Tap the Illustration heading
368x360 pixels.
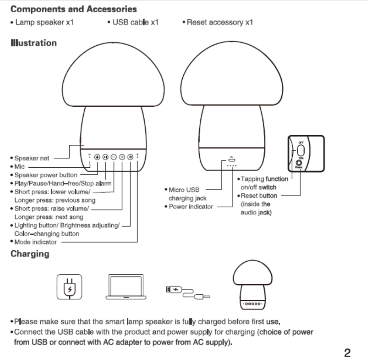point(34,43)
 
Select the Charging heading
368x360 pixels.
point(30,254)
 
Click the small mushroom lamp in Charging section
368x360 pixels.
point(252,285)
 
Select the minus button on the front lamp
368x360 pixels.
point(114,157)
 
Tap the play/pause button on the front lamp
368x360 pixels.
point(105,157)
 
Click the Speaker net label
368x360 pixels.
point(32,158)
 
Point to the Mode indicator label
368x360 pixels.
point(35,241)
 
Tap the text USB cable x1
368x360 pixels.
point(135,23)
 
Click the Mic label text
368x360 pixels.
point(19,167)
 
